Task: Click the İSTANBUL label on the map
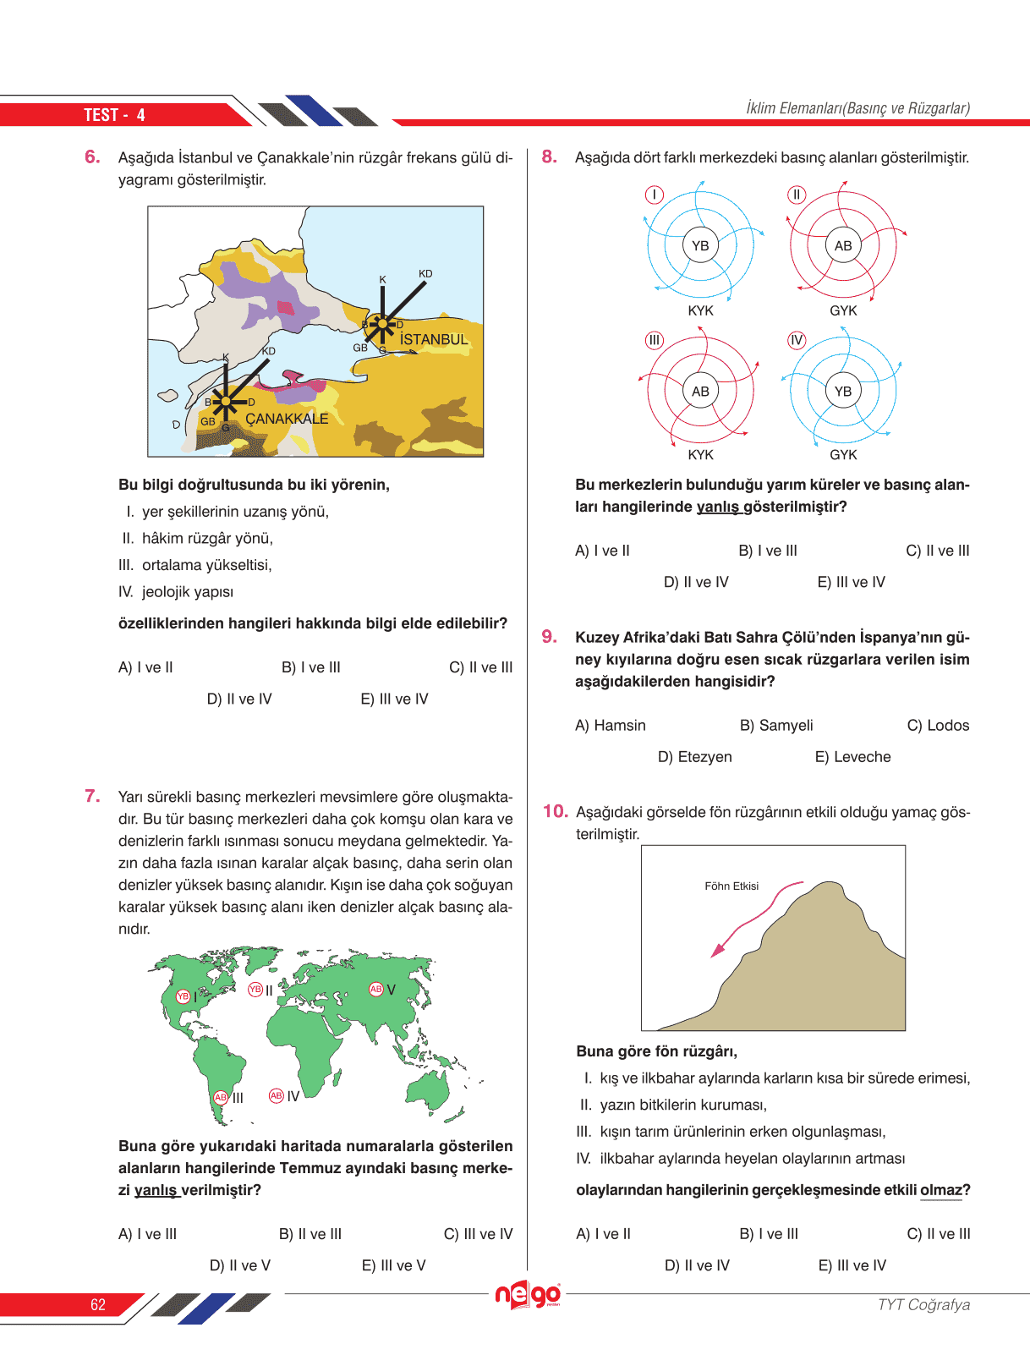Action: click(x=433, y=340)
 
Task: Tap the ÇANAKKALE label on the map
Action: click(x=287, y=419)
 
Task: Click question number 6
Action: click(x=92, y=156)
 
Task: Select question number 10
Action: click(x=555, y=811)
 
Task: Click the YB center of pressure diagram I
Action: click(x=700, y=246)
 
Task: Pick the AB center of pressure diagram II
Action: click(x=843, y=246)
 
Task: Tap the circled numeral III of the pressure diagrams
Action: click(x=655, y=340)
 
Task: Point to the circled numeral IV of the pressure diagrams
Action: click(x=797, y=340)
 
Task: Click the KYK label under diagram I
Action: click(x=700, y=310)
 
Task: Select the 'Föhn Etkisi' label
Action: click(x=731, y=886)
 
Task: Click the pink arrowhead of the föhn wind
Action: click(x=718, y=951)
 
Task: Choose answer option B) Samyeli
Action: click(x=776, y=726)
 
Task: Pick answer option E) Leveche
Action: click(x=852, y=757)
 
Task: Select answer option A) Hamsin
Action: click(x=610, y=726)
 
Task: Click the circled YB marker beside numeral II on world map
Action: click(x=255, y=990)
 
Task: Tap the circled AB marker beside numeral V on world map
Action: click(x=375, y=989)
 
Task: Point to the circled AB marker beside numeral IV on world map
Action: click(x=276, y=1096)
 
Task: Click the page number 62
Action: click(x=98, y=1304)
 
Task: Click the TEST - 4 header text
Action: click(x=114, y=115)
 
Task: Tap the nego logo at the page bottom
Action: click(x=528, y=1294)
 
